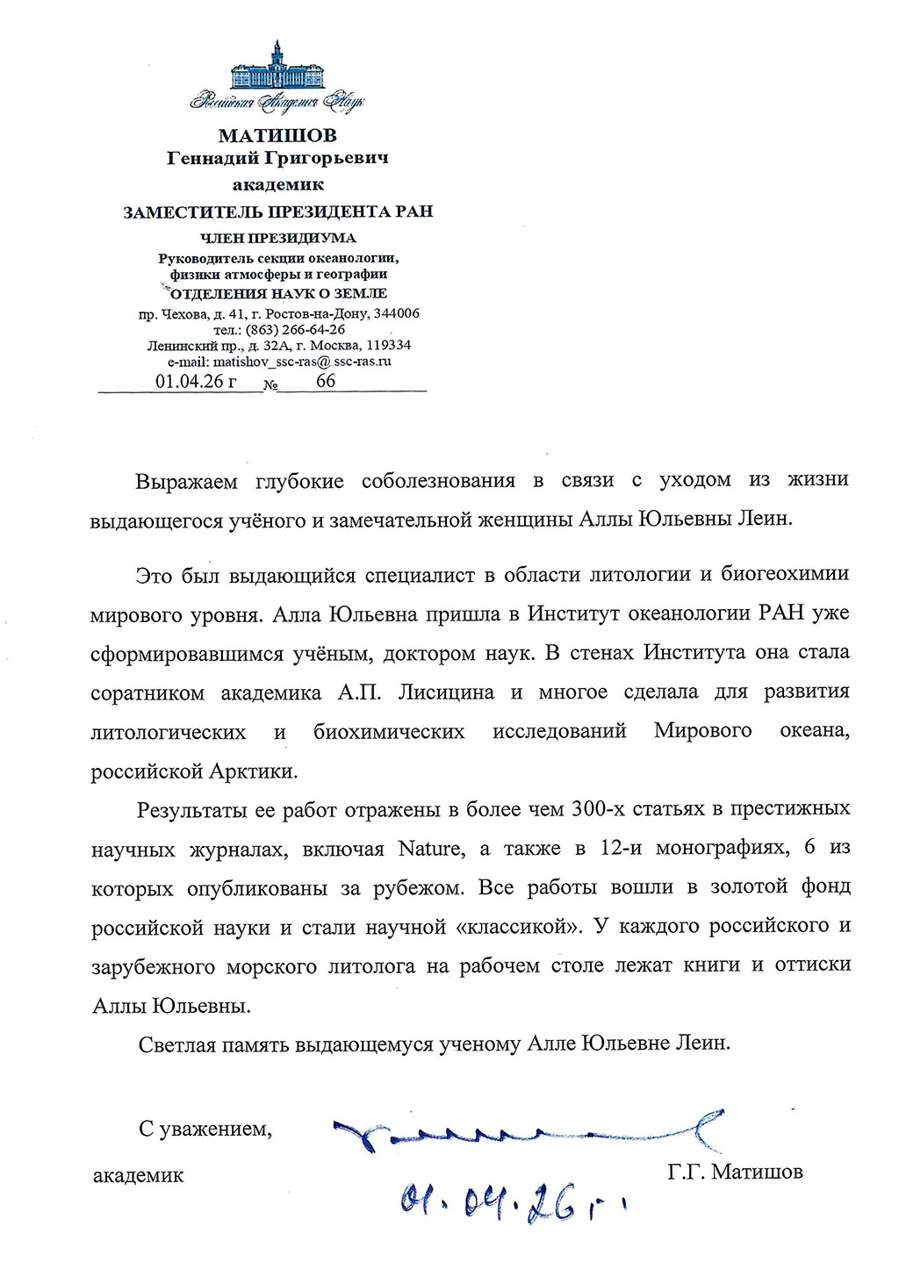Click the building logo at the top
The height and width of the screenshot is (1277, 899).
point(277,65)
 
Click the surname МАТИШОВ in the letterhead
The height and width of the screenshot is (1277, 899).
point(277,135)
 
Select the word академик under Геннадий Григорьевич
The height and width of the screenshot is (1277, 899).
point(277,184)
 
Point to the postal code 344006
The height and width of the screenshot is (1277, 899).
point(397,313)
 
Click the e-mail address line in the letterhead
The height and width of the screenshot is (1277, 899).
point(279,361)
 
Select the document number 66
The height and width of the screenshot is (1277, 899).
point(326,381)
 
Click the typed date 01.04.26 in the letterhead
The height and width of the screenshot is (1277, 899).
point(196,381)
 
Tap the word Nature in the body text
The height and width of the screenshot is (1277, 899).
point(430,849)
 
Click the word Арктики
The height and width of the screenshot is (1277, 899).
point(254,772)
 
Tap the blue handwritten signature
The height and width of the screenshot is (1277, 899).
point(527,1132)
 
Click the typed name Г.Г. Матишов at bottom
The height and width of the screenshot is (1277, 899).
point(735,1173)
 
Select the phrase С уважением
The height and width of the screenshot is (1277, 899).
point(205,1130)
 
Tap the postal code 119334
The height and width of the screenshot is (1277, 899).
point(383,345)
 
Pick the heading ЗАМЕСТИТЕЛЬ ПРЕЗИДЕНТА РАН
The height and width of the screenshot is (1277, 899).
point(277,212)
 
